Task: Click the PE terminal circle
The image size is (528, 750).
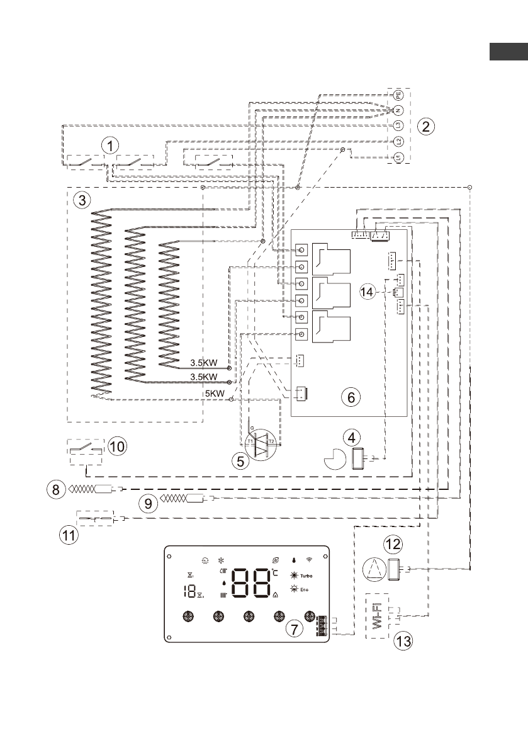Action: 398,95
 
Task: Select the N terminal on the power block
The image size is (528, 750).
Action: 398,110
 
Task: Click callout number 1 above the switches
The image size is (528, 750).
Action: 110,146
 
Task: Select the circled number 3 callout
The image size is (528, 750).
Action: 80,201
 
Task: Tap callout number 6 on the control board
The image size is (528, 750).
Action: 351,396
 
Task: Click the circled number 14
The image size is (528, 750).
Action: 369,291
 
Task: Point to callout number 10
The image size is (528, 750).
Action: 117,446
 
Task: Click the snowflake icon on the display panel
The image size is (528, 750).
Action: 221,559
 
